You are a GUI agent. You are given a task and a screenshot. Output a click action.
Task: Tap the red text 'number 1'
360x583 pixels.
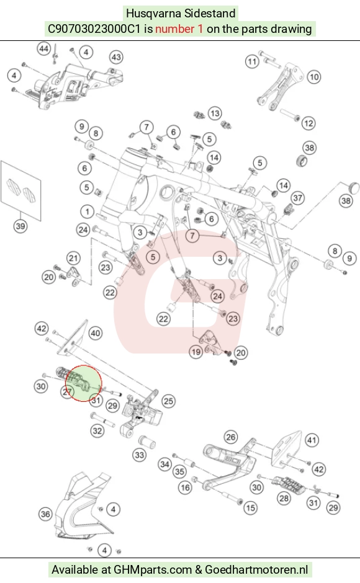pos(179,29)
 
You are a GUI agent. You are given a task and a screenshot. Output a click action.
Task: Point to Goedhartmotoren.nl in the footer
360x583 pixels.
pos(256,569)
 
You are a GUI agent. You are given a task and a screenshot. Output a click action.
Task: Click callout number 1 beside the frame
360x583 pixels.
pos(87,212)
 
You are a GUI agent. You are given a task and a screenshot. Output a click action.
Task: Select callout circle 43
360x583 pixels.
pos(116,57)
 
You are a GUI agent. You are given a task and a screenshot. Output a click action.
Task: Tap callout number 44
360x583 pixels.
pos(44,49)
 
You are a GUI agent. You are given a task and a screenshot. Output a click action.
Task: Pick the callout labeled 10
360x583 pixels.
pos(314,77)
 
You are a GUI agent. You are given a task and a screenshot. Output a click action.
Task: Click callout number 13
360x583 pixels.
pos(214,113)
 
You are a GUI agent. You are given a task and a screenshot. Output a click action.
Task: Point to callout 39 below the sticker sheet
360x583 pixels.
pos(20,226)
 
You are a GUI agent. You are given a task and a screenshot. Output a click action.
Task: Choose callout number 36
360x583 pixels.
pos(45,514)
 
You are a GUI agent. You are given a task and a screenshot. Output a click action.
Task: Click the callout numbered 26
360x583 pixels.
pos(231,437)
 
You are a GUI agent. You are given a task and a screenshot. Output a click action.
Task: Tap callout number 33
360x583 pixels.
pos(140,455)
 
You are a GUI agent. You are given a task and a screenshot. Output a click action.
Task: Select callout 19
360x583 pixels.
pos(196,352)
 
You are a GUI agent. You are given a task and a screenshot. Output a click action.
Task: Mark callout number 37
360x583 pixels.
pos(298,198)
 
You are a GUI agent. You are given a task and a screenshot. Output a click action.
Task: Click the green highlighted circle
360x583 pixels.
pos(83,383)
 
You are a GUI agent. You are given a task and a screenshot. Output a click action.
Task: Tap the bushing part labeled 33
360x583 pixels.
pos(146,442)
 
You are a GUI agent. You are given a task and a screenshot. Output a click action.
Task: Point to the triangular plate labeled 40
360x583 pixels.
pos(73,337)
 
